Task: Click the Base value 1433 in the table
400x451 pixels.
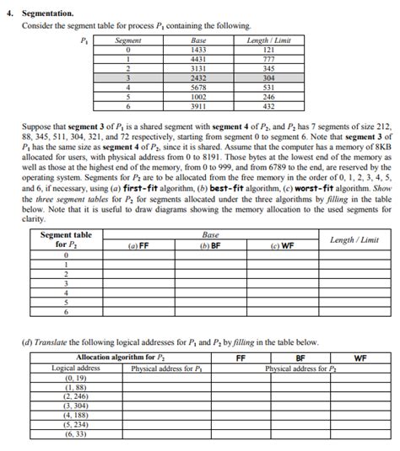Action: [x=199, y=50]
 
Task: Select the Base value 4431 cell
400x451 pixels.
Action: [x=199, y=59]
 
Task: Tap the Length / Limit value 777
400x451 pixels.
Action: [x=269, y=59]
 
